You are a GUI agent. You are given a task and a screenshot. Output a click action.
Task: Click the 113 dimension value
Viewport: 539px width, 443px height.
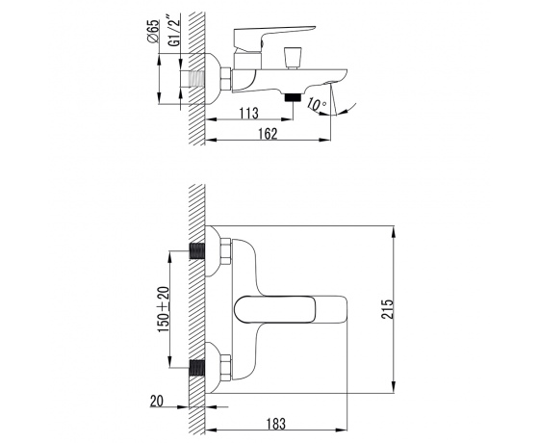point(249,113)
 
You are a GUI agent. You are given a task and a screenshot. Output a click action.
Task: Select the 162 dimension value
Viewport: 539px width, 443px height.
point(269,134)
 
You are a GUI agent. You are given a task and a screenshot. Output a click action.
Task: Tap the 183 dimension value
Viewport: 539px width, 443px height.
point(276,424)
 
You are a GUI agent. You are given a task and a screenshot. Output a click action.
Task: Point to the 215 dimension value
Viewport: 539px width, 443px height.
point(387,309)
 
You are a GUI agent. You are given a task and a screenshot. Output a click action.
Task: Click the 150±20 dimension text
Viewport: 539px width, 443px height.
point(164,309)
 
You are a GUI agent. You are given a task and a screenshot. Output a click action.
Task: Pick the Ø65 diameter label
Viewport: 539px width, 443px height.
point(153,31)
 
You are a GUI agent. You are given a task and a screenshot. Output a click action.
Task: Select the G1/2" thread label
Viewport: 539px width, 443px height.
point(174,30)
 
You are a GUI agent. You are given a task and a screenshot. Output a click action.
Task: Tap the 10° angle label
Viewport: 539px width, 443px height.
point(316,104)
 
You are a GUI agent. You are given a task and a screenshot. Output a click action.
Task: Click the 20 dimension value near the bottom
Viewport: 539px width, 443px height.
point(157,401)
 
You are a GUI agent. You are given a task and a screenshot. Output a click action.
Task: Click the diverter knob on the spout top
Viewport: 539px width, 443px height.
point(293,58)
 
